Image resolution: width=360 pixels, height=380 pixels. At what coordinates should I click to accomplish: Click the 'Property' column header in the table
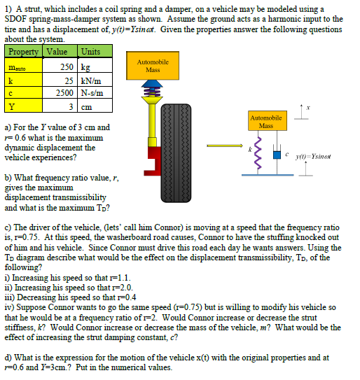24,51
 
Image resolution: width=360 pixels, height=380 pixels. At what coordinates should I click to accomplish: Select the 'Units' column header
90,51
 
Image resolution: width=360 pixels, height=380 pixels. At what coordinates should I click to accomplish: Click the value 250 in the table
67,67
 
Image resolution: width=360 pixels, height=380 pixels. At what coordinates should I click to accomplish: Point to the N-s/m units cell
92,93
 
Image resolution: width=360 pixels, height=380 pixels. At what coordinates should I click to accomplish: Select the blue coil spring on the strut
148,91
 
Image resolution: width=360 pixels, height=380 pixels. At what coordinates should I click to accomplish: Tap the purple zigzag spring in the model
256,150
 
